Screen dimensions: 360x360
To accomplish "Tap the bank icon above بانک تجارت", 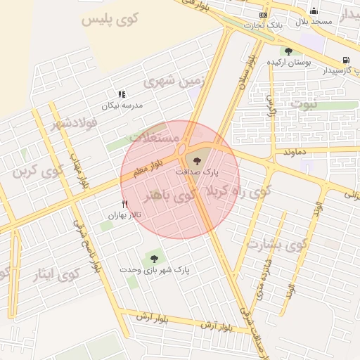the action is [x=263, y=14].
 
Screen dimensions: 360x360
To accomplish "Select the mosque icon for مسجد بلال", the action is [x=314, y=11].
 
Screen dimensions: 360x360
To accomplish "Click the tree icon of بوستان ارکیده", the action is [x=288, y=51].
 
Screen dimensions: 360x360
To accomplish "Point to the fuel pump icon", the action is [x=345, y=60].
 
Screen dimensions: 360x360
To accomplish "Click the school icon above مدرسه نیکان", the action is [x=122, y=94].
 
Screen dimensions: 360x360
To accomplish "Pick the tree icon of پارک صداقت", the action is [x=196, y=160].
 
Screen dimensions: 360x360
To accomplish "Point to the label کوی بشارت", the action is [x=277, y=245].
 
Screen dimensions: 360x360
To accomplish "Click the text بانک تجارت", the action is [x=263, y=25].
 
